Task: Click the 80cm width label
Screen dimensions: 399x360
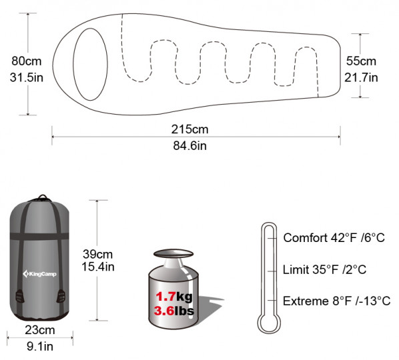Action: coord(27,61)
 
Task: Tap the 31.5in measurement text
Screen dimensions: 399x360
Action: coord(27,77)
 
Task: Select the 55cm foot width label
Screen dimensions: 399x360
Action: coord(361,61)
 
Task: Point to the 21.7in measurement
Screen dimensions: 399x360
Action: coord(361,77)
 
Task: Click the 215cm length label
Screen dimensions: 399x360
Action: coord(190,129)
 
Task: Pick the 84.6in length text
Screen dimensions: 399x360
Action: coord(190,146)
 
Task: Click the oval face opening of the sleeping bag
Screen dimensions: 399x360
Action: coord(91,64)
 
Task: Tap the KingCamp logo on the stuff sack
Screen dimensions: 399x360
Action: coord(39,274)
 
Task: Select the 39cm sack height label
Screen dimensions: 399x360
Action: coord(97,254)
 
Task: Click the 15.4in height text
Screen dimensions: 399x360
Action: coord(98,267)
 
